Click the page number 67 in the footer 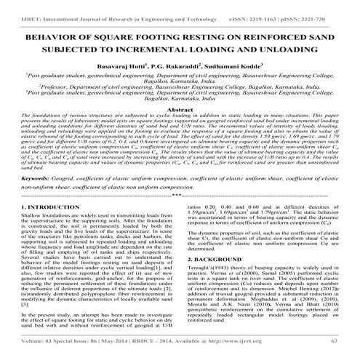click(x=334, y=341)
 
